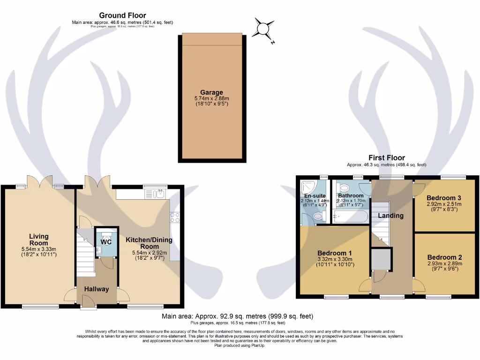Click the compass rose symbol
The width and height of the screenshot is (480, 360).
click(263, 28)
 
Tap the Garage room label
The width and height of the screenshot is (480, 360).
click(211, 92)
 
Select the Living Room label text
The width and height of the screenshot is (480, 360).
click(39, 240)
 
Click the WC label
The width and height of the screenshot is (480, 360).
click(107, 242)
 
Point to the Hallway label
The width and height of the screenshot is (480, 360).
click(97, 289)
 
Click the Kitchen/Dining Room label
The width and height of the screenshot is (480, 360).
click(149, 243)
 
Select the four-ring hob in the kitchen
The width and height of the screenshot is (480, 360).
click(175, 217)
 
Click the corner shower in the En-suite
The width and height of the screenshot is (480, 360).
click(308, 187)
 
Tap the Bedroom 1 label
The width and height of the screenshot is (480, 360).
click(334, 253)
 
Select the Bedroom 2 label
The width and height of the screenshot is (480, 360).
click(444, 257)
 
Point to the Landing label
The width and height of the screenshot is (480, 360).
click(390, 216)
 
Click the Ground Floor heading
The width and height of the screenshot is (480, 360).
click(122, 15)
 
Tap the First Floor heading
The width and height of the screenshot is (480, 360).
click(386, 158)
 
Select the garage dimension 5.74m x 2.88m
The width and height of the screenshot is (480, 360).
click(211, 99)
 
